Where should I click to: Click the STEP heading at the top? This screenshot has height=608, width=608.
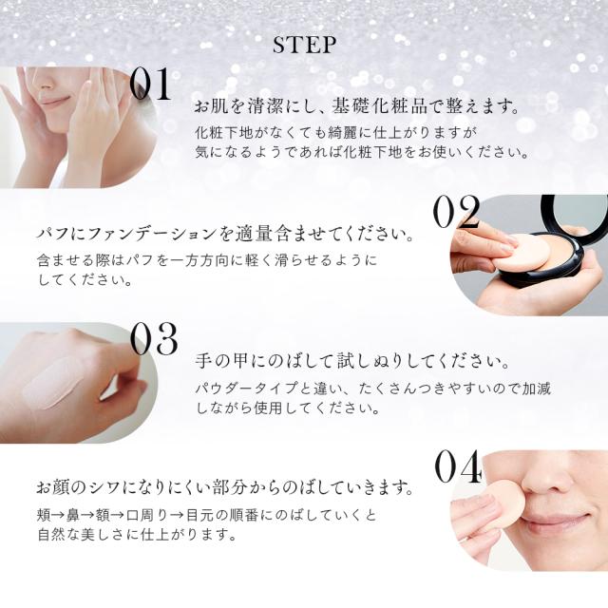click(x=304, y=45)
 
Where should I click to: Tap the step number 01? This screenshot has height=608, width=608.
click(x=150, y=84)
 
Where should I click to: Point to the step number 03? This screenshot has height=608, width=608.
click(x=154, y=339)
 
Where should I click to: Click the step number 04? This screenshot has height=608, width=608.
click(x=458, y=466)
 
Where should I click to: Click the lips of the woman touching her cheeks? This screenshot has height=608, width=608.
click(x=55, y=102)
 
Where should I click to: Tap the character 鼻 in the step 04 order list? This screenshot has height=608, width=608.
click(x=73, y=515)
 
